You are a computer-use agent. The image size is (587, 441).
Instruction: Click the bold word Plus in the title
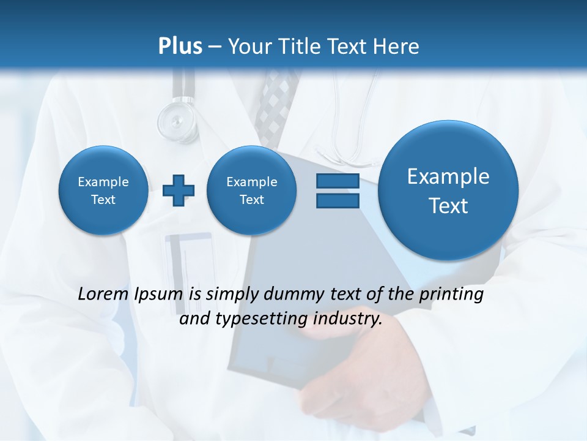click(180, 46)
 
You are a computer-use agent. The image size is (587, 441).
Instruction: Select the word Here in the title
click(397, 46)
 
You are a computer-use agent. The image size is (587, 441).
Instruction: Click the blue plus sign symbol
click(179, 190)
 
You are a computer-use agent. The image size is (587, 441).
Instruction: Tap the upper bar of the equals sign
click(338, 181)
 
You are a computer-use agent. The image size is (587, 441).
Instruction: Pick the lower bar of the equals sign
click(338, 200)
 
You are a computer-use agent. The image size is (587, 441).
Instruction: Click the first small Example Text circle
click(103, 190)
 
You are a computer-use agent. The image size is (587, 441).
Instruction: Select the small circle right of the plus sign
click(251, 190)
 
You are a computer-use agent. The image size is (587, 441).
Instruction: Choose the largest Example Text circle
click(448, 190)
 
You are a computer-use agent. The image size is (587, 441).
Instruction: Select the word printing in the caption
click(451, 295)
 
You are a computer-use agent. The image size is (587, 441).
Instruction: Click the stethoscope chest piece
click(177, 119)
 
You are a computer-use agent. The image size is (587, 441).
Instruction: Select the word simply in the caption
click(233, 295)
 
